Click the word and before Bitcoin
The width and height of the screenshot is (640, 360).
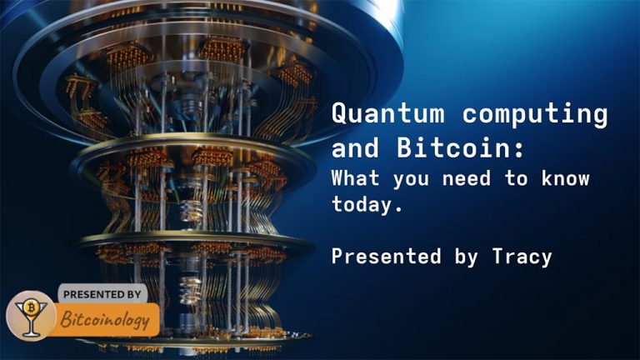(355, 149)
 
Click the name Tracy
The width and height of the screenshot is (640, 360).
(522, 256)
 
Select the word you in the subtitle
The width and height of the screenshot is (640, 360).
(408, 178)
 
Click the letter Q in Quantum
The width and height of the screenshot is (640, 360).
(339, 113)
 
